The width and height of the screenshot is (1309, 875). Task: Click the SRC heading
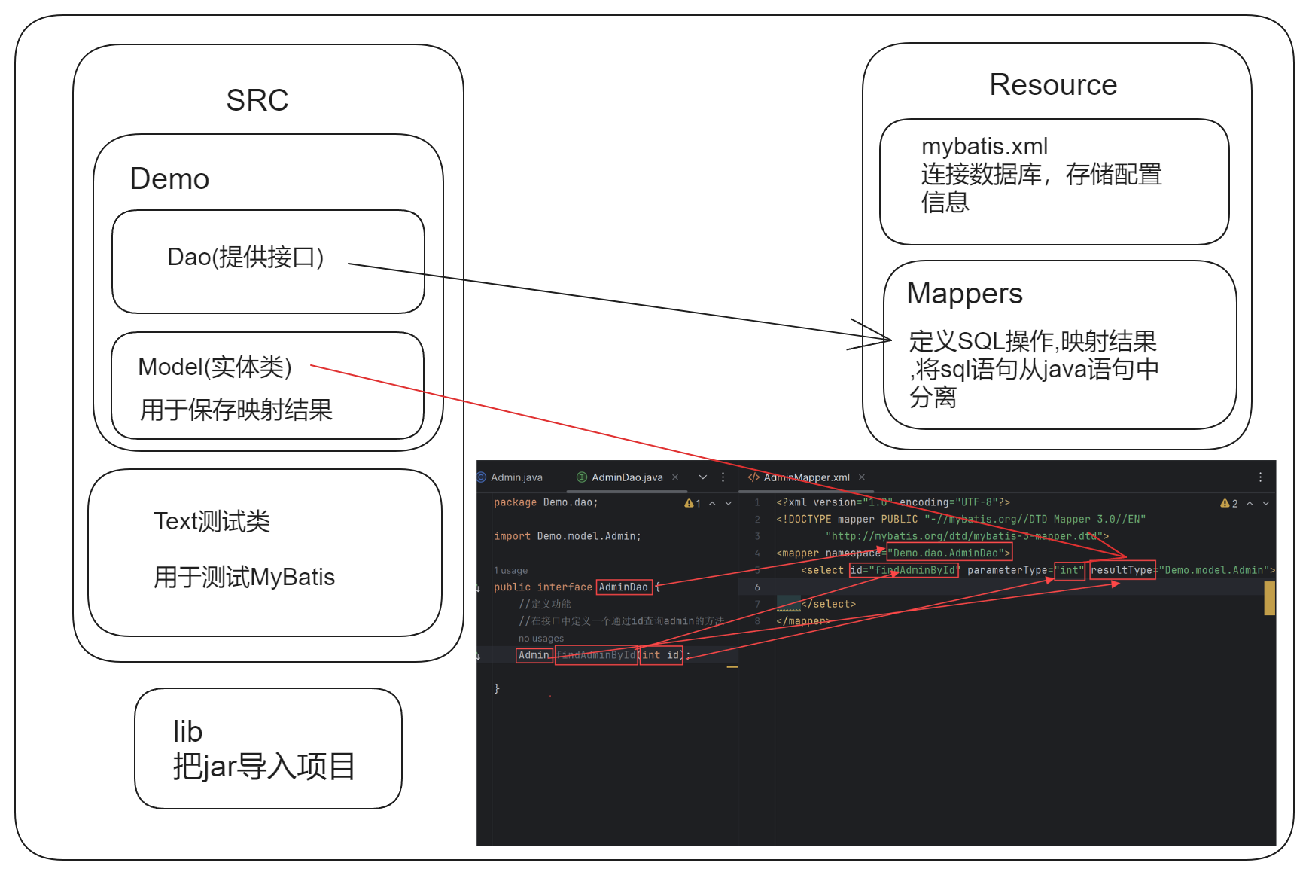coord(257,100)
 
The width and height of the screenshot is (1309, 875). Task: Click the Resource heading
coord(1052,85)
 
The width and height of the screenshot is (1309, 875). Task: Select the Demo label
coord(169,179)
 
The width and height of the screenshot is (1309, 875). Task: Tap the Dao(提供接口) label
coord(245,258)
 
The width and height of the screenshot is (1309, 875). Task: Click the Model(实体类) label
coord(215,367)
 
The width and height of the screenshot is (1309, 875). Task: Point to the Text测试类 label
coord(212,521)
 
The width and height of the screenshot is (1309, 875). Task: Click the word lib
coord(187,732)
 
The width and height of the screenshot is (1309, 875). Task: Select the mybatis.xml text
coord(984,146)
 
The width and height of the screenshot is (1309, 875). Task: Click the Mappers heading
coord(964,294)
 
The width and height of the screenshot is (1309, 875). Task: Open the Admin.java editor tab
coord(516,477)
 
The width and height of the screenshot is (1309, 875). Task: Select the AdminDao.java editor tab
coord(626,477)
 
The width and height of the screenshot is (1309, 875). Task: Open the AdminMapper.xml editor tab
coord(805,477)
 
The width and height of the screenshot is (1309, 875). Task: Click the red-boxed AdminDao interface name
coord(623,587)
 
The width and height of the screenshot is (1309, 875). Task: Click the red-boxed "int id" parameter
coord(661,655)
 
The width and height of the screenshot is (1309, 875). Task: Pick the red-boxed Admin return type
coord(534,655)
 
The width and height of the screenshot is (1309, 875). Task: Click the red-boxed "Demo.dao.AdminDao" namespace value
coord(949,553)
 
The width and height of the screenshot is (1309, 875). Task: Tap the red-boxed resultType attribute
coord(1122,570)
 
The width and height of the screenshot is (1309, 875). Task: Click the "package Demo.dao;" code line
coord(546,502)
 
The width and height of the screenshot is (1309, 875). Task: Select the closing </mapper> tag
coord(802,621)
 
